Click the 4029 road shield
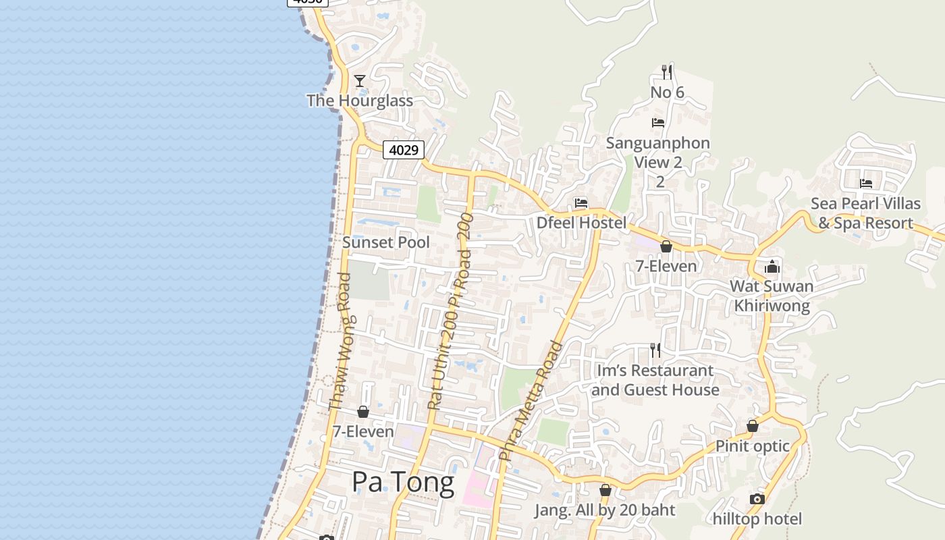coord(404,150)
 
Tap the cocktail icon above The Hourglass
coord(360,81)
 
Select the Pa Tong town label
coord(403,483)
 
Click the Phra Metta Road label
coord(531,402)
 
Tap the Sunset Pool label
coord(385,242)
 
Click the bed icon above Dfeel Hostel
coord(580,202)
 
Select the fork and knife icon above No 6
coord(667,72)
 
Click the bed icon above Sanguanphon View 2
coord(658,122)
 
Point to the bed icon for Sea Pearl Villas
coord(866,183)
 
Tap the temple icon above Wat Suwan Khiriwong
coord(772,267)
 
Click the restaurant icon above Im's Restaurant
coord(655,350)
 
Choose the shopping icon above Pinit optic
coord(753,426)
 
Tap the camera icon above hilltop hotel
coord(757,500)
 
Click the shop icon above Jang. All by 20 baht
coord(605,490)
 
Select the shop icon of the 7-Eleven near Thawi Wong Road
coord(363,412)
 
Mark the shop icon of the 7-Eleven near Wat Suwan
coord(666,246)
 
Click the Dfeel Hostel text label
coord(581,223)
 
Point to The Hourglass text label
coord(360,101)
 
